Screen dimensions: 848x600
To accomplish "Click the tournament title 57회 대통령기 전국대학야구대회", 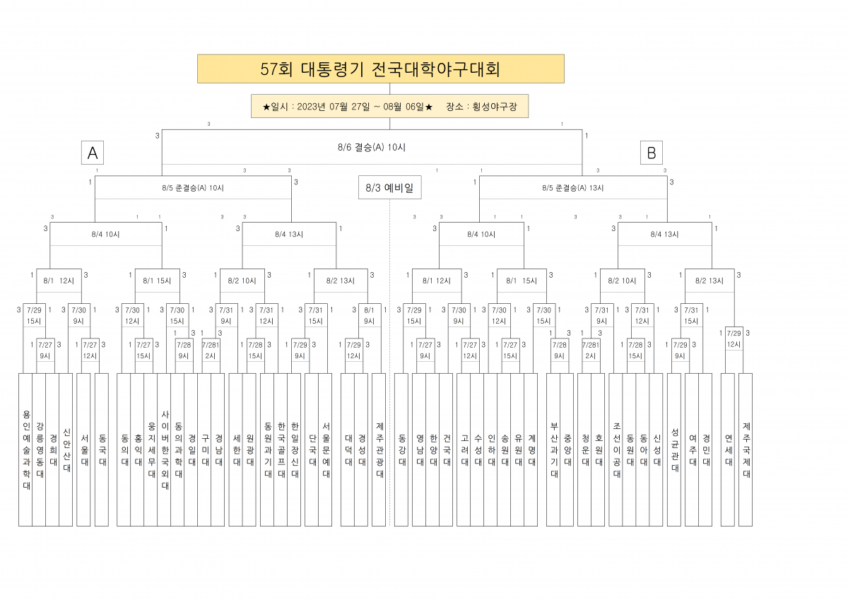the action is tap(380, 69).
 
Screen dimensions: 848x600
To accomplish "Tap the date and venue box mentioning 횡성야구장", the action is tap(389, 107).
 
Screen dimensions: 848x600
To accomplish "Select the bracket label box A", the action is tap(93, 153).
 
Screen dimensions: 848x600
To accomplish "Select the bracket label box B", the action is tap(651, 153).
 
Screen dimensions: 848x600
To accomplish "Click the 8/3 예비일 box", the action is tap(389, 187).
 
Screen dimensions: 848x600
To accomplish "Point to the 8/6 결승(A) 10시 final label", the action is tap(372, 147).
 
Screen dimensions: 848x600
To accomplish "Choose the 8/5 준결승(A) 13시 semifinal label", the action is tap(573, 188).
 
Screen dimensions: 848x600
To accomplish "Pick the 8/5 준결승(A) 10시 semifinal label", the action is tap(193, 188).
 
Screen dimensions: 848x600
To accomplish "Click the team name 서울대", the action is tap(84, 449).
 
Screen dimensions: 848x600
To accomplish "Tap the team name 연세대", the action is tap(729, 449).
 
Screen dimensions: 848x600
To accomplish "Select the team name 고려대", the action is tap(464, 449).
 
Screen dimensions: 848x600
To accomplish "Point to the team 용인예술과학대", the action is tap(26, 449).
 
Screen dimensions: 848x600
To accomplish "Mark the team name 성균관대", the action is tap(675, 449).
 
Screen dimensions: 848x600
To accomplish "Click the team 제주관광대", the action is tap(379, 449).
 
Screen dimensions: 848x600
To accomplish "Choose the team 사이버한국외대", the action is tap(165, 449).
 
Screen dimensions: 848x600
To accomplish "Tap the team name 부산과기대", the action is tap(554, 449).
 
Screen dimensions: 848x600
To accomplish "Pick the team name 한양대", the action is tap(433, 449).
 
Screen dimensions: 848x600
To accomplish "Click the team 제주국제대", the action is tap(746, 449).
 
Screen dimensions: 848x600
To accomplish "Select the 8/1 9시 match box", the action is tap(370, 315).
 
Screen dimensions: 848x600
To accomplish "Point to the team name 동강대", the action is tap(402, 449).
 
